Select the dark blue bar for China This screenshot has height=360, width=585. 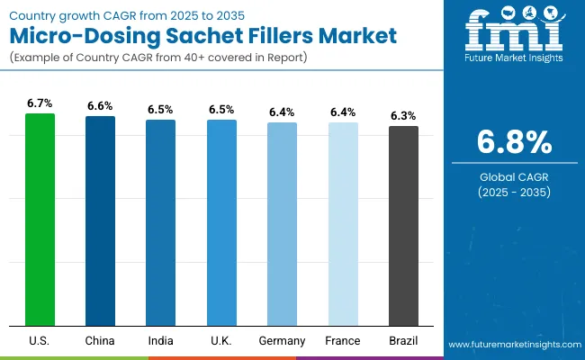point(100,220)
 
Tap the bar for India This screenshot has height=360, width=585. point(161,222)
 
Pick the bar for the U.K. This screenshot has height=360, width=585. point(221,222)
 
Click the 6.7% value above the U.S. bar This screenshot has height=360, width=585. point(40,103)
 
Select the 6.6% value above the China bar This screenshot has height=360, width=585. point(100,106)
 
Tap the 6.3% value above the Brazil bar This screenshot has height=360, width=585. point(403,116)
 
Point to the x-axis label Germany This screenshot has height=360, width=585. point(282,340)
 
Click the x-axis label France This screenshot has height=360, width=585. point(343,340)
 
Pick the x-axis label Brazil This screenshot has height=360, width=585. point(403,340)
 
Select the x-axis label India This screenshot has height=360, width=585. point(161,340)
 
